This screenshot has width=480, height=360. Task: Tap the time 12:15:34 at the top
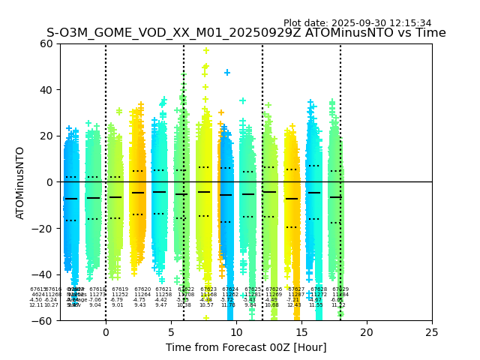click(x=408, y=23)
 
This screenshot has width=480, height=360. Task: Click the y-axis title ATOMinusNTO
click(x=21, y=182)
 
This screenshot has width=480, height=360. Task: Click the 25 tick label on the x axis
click(x=432, y=331)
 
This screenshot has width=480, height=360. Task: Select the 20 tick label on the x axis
click(x=367, y=331)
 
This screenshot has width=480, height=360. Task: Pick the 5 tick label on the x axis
click(x=171, y=331)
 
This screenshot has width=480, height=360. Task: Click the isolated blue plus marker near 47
click(x=227, y=73)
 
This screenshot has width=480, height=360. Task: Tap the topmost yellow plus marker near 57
click(x=206, y=50)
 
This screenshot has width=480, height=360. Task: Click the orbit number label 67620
click(x=142, y=289)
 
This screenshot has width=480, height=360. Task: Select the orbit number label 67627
click(x=296, y=289)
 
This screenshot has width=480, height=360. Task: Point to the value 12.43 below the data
click(x=294, y=305)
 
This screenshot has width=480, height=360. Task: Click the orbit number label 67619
click(x=120, y=289)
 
